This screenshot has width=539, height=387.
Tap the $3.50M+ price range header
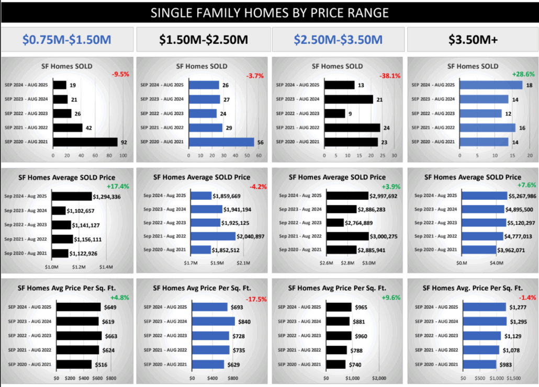473,39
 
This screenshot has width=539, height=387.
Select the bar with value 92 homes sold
85,142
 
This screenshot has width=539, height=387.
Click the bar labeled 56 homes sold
221,142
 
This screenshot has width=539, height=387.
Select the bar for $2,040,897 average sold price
213,236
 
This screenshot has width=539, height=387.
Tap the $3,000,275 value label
387,236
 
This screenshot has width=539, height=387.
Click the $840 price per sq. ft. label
244,322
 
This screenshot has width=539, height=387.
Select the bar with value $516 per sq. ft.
74,364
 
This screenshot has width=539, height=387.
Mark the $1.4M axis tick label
106,267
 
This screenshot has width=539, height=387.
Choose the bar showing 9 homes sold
335,113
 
